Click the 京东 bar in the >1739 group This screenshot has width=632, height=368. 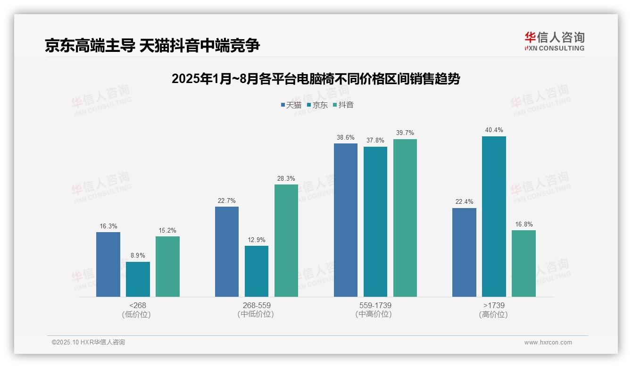494,217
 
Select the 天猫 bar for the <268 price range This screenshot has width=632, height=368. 108,264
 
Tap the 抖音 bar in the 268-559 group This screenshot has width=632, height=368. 286,241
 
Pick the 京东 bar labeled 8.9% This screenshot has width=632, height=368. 138,279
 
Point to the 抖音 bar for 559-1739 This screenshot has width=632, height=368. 405,218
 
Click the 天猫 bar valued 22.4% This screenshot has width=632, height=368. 464,252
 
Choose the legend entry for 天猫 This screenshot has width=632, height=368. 291,105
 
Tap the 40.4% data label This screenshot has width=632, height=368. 494,130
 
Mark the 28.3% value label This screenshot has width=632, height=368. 286,178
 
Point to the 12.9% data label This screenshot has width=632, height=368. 257,240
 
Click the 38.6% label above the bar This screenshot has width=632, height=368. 346,137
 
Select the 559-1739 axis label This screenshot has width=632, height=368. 375,305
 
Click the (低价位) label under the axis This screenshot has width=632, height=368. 137,314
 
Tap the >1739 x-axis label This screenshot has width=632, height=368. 494,305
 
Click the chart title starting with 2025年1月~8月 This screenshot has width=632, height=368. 316,79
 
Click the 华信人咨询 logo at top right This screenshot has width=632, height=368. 554,41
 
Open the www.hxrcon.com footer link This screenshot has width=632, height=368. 548,343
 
